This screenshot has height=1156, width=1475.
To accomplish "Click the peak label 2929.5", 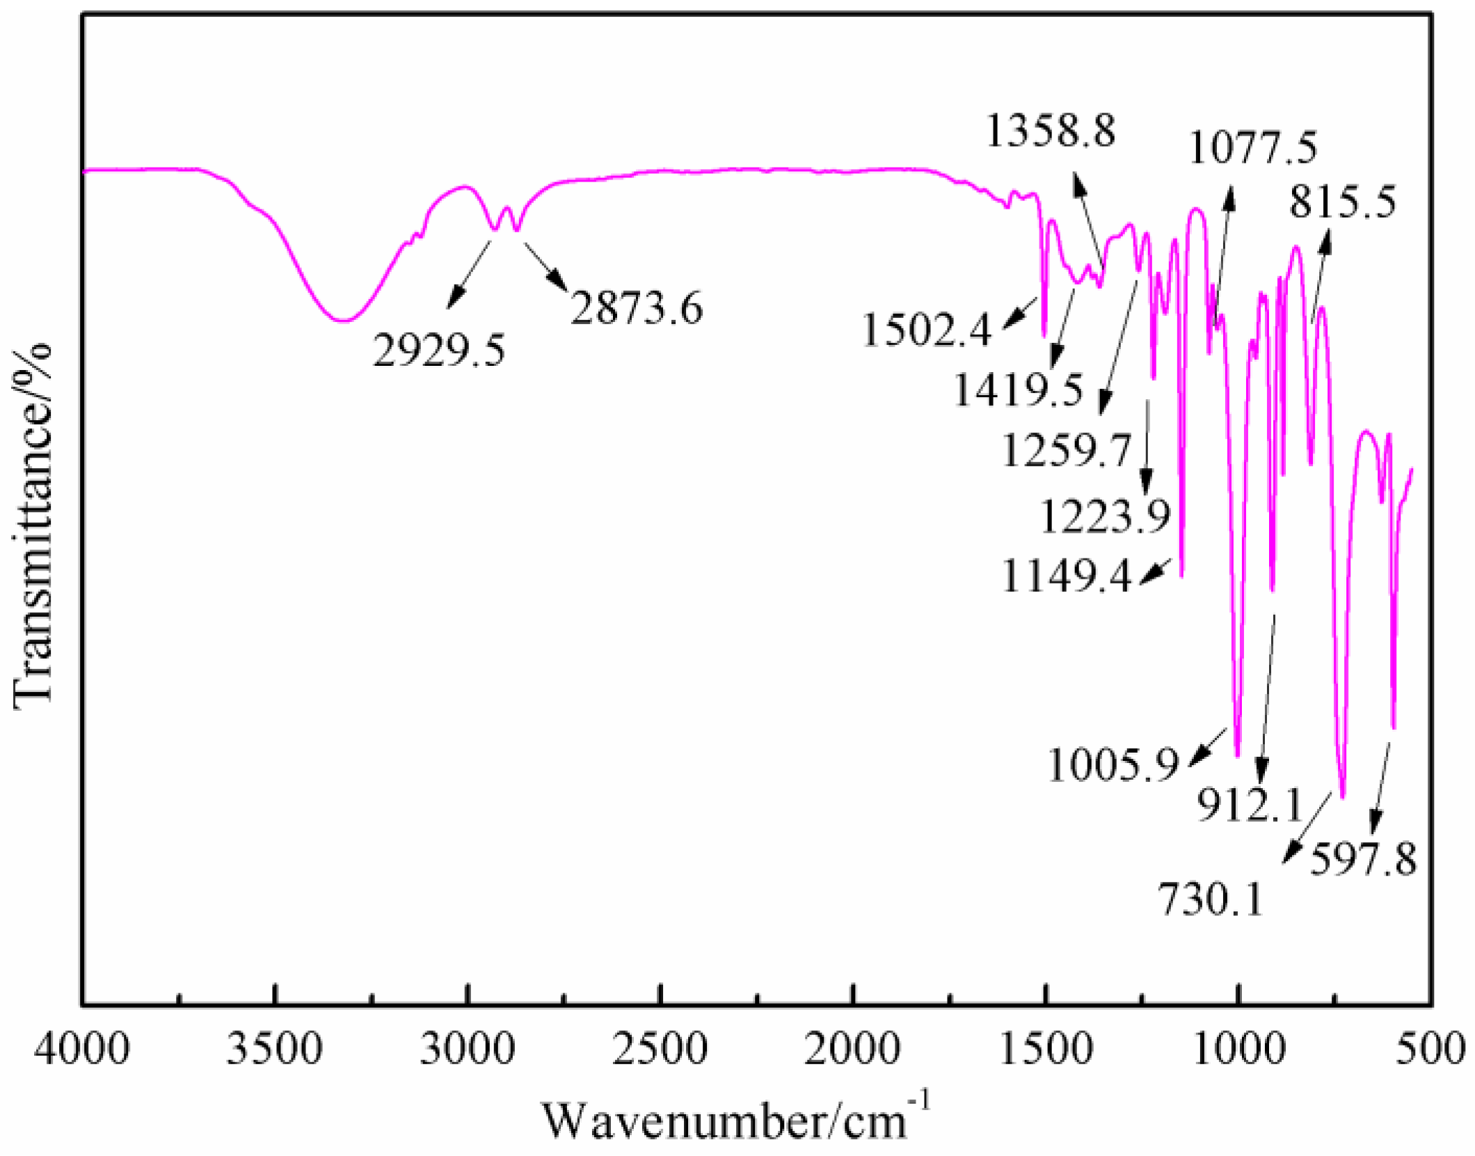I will point(439,350).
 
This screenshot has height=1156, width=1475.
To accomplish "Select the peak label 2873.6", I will point(637,308).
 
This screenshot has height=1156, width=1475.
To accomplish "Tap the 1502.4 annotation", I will point(926,330).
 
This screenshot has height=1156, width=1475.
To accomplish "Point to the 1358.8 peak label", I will point(1051,130).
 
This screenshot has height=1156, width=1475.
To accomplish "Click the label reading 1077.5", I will point(1253,148).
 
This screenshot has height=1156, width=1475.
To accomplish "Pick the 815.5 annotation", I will point(1342,203).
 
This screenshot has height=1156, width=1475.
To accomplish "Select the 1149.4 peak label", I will point(1067,577).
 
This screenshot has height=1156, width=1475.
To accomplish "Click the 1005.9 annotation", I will point(1113,765).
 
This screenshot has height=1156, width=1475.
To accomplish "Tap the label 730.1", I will point(1210,899).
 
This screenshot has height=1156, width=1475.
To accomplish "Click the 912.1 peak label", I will point(1249,806).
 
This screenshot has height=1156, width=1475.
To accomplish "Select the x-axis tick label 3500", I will point(275,1048).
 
